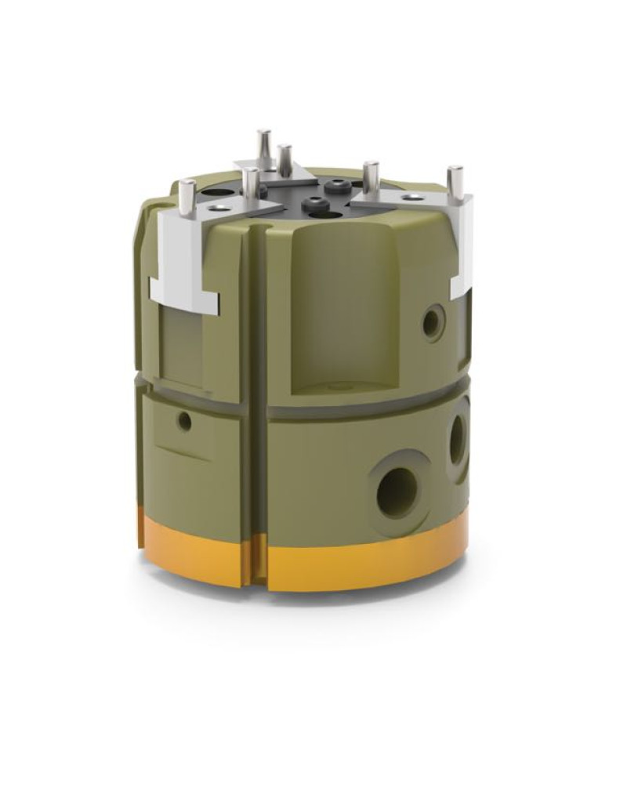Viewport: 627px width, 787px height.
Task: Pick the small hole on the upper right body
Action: (431, 321)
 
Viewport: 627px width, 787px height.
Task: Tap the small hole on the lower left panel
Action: (185, 422)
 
